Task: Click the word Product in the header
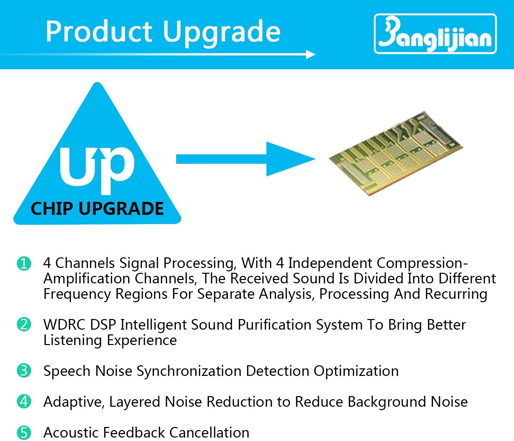pos(99,32)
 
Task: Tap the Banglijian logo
pos(435,34)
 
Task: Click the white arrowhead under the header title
pos(310,54)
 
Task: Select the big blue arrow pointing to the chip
pos(246,159)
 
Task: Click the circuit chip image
pos(396,153)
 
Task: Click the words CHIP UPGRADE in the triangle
pos(97,208)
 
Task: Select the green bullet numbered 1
pos(24,264)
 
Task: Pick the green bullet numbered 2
pos(24,324)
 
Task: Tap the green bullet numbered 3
pos(24,370)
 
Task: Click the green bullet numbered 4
pos(24,401)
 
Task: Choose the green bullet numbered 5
pos(24,432)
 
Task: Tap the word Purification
pos(274,324)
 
